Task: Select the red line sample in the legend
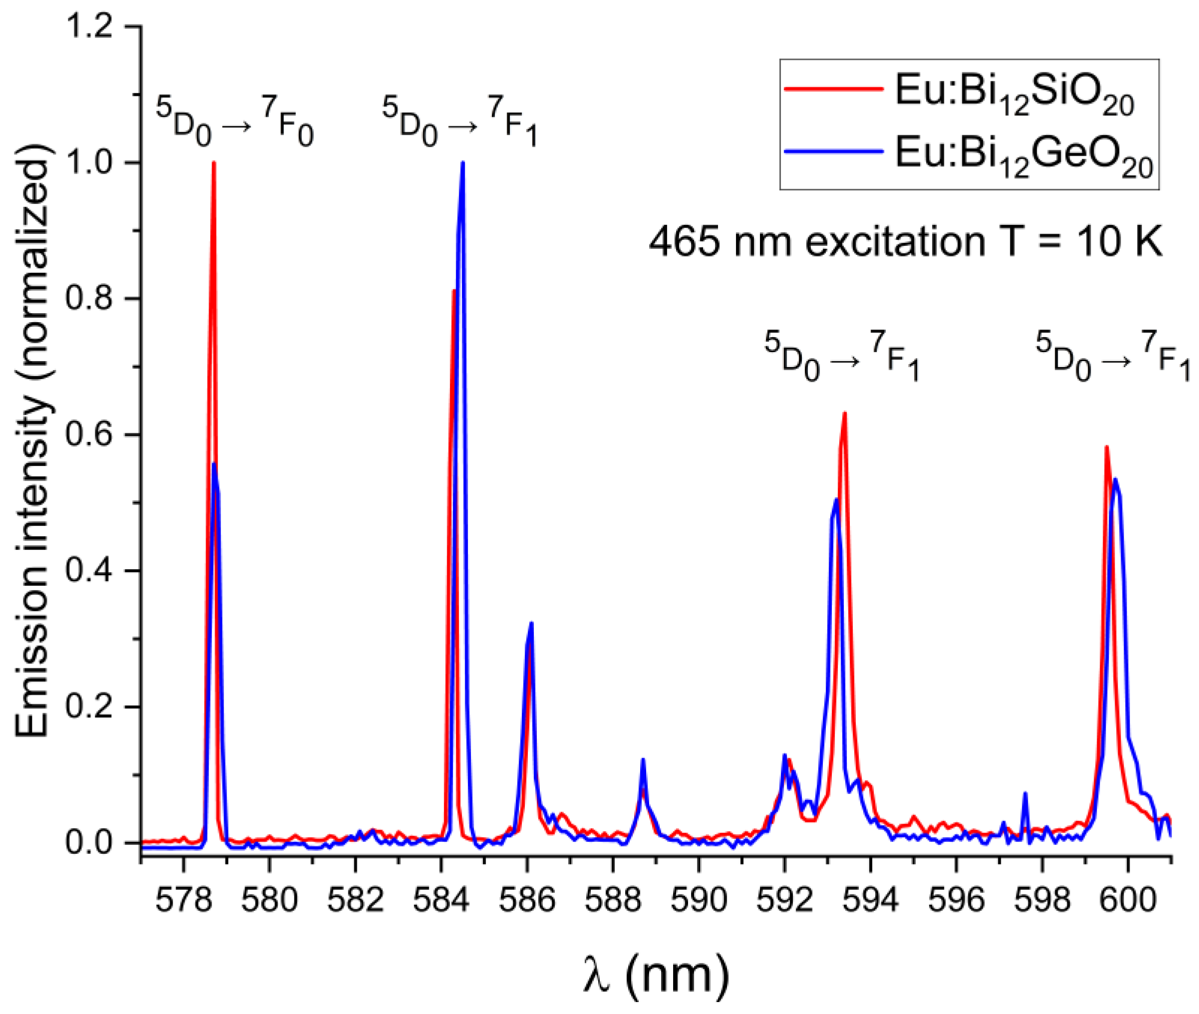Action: click(833, 89)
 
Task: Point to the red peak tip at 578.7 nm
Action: click(214, 163)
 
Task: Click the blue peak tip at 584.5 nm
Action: click(463, 163)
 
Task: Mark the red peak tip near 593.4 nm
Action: click(844, 414)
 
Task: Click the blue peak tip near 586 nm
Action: click(531, 623)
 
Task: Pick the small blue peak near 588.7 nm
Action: click(643, 760)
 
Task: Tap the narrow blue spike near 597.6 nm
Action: click(1025, 794)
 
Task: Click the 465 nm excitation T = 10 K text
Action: click(905, 242)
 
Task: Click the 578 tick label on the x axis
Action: click(184, 900)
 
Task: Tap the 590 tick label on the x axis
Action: click(699, 900)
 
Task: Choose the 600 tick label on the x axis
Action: click(1128, 900)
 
